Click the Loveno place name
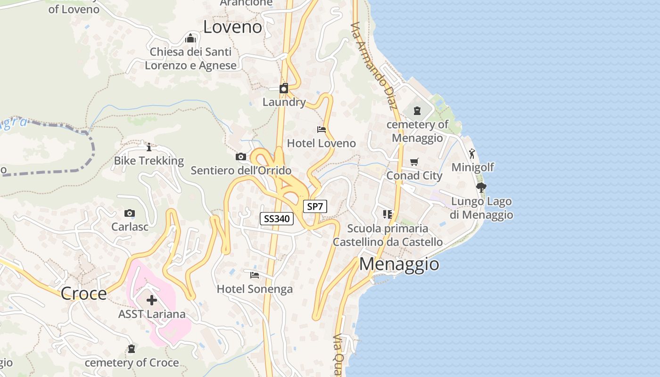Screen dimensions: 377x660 point(232,27)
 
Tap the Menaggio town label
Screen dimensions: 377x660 point(399,264)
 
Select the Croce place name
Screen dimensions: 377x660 point(84,294)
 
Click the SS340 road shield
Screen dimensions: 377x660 point(277,219)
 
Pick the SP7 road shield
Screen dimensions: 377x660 point(315,206)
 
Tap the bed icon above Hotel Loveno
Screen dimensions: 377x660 point(322,130)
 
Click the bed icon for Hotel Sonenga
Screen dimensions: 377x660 point(255,275)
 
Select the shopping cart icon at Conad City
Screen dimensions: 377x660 point(414,162)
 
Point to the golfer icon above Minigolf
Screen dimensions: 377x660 point(472,154)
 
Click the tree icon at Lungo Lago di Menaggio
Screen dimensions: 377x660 point(481,188)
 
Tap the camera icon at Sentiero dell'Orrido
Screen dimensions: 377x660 point(241,157)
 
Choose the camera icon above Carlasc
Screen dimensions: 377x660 point(130,213)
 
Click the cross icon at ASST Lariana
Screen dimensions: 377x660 point(152,300)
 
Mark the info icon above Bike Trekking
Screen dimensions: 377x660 point(149,147)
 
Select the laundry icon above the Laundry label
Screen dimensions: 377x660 point(284,88)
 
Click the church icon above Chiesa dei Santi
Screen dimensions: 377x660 point(190,38)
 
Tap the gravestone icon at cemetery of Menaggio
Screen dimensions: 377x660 point(417,111)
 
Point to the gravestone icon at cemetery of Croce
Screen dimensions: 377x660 point(132,349)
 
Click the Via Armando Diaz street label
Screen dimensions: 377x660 point(375,66)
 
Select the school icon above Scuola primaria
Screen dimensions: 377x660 point(388,215)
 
